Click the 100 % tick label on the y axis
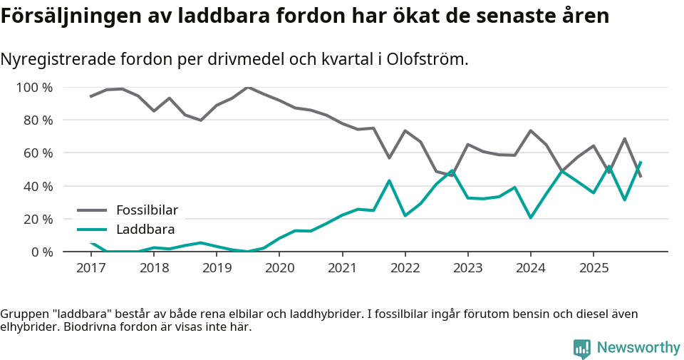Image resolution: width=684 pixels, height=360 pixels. pos(35,88)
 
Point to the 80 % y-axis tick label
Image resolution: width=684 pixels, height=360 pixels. pos(38,120)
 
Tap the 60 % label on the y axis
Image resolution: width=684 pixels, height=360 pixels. pos(38,153)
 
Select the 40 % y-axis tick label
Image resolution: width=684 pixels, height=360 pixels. pos(38,186)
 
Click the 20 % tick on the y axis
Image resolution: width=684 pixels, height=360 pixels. pos(38,219)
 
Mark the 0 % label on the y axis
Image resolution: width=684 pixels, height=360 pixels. pos(41,252)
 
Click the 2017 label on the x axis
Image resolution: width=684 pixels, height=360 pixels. pos(91,268)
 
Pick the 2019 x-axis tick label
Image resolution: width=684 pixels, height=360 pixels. pos(217,268)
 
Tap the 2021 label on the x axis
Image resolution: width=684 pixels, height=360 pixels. pos(342,268)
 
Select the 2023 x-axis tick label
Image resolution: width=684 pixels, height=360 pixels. pos(467,268)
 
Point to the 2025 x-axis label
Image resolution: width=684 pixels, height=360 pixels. pos(594,268)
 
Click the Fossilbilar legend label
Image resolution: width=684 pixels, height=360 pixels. pos(147,210)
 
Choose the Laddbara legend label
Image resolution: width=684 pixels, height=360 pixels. pos(145,230)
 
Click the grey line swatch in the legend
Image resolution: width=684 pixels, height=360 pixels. pos(92,210)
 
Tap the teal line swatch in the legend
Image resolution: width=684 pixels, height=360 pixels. pos(92,230)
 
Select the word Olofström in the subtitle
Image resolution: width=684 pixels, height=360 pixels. pos(427,59)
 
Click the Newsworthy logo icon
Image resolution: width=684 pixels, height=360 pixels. pos(582,348)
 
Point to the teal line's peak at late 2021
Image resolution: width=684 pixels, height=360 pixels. pos(389,180)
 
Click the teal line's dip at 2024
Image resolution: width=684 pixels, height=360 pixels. pos(531,217)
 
